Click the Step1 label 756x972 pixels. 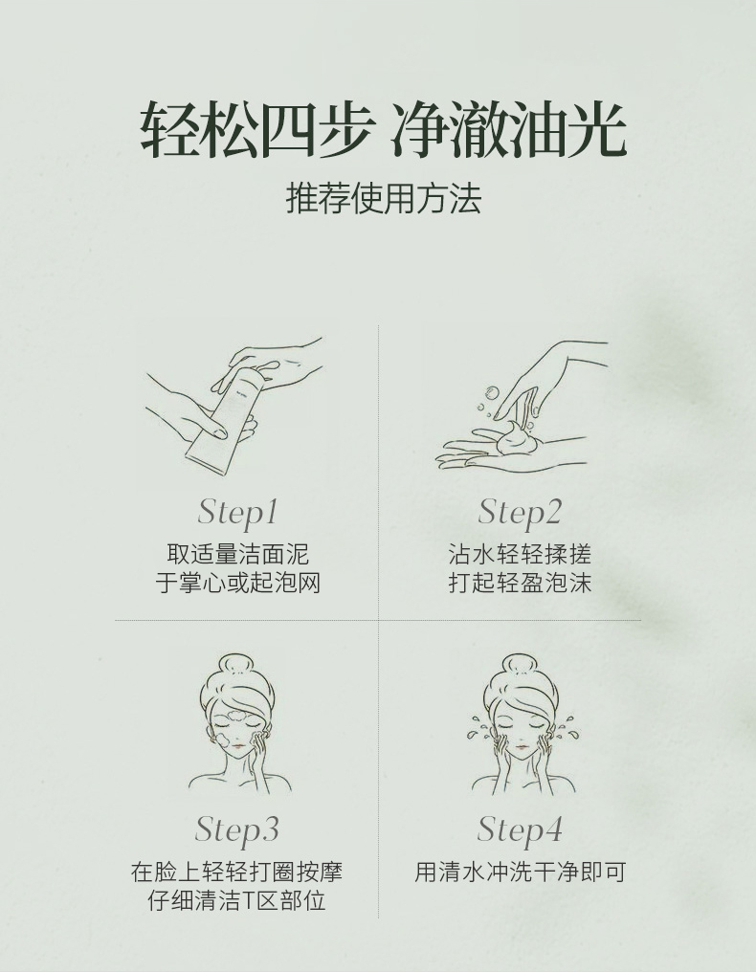pyautogui.click(x=237, y=513)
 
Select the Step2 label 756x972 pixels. pyautogui.click(x=520, y=513)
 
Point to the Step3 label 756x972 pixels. pyautogui.click(x=236, y=829)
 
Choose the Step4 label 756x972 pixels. pyautogui.click(x=520, y=829)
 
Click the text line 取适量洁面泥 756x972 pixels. pyautogui.click(x=237, y=554)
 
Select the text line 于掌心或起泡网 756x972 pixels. pyautogui.click(x=237, y=583)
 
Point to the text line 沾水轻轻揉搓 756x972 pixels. pyautogui.click(x=520, y=554)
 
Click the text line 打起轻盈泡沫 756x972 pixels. pyautogui.click(x=520, y=583)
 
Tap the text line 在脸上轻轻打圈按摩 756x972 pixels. pyautogui.click(x=236, y=872)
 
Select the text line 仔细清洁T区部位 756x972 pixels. pyautogui.click(x=236, y=900)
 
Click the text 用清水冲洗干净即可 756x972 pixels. pyautogui.click(x=520, y=872)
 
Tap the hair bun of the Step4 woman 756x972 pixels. pyautogui.click(x=520, y=665)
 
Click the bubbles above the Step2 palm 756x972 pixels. pyautogui.click(x=493, y=395)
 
